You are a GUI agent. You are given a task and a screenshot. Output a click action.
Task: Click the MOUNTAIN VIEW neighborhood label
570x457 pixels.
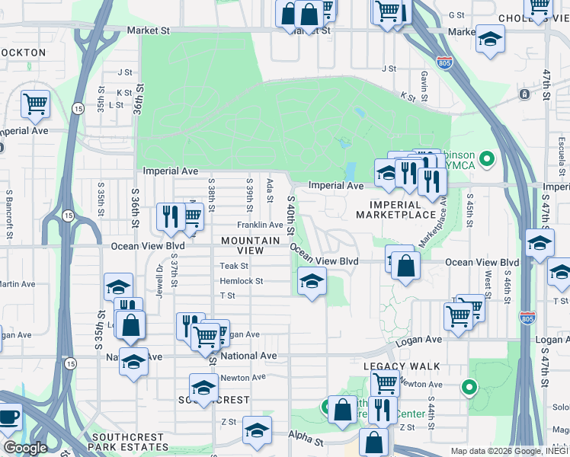click(x=250, y=245)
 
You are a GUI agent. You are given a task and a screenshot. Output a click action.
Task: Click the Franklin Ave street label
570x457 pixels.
click(x=260, y=225)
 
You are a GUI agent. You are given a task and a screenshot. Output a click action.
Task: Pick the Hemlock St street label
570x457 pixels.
click(x=241, y=281)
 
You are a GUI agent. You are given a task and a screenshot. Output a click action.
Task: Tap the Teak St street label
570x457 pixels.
click(x=234, y=266)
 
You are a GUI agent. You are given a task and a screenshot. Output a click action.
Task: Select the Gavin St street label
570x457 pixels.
click(x=423, y=78)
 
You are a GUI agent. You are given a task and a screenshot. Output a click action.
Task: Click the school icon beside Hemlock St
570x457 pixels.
click(x=311, y=282)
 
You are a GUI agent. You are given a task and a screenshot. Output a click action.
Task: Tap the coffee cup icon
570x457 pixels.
click(x=8, y=417)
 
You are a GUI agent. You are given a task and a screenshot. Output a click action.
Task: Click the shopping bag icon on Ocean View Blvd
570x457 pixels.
click(x=406, y=266)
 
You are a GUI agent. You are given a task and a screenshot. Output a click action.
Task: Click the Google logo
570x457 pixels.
click(x=25, y=448)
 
